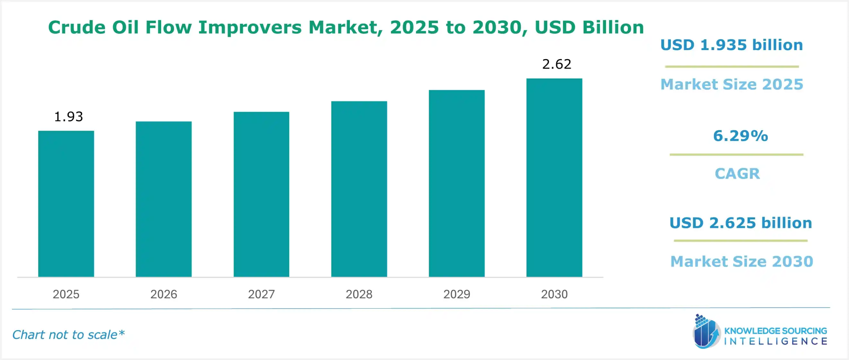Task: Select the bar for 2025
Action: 66,204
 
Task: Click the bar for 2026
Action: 163,199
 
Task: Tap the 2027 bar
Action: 261,194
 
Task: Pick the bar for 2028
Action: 359,189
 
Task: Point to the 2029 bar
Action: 457,183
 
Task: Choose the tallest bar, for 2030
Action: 554,178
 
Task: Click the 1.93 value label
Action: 68,117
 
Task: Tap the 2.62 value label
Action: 556,64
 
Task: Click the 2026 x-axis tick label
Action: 163,294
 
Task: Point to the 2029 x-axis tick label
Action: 457,294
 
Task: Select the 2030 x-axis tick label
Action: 554,294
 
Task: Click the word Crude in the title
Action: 77,27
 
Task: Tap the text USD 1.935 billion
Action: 732,45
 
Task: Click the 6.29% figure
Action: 740,136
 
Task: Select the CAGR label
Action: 737,174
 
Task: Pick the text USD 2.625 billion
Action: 741,223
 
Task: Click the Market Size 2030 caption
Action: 742,261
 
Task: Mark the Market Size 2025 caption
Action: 732,84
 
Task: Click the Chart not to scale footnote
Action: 68,335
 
